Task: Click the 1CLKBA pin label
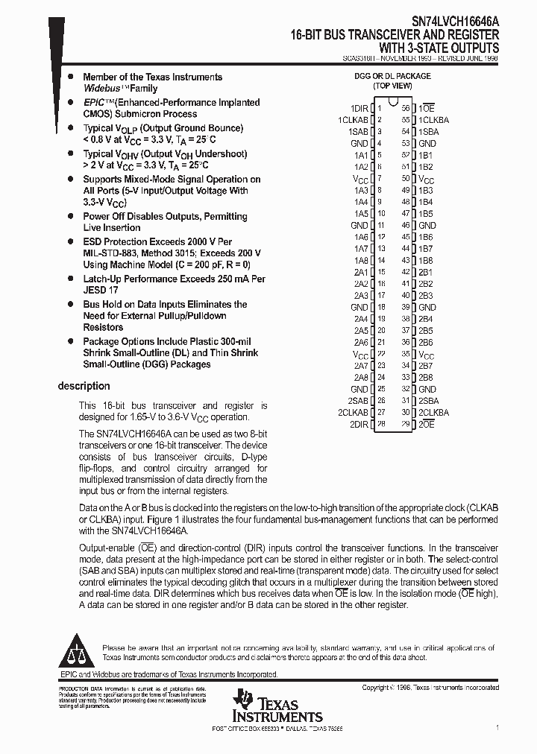click(433, 120)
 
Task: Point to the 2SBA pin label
click(428, 400)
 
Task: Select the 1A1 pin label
click(361, 155)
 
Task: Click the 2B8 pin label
click(425, 377)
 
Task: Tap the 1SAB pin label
click(358, 131)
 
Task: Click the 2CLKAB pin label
click(354, 412)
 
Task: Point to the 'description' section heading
click(84, 386)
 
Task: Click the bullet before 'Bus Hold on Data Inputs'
click(70, 305)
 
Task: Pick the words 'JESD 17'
click(100, 290)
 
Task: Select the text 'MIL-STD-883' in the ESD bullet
click(108, 253)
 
